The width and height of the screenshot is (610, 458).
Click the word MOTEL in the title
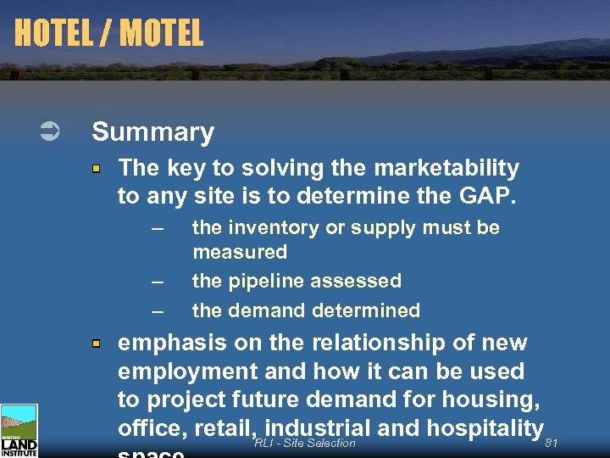(162, 33)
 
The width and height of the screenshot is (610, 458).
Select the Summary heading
(152, 131)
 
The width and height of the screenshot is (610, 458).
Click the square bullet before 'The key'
(97, 170)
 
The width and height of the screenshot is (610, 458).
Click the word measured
(240, 252)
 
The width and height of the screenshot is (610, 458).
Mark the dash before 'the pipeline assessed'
(156, 282)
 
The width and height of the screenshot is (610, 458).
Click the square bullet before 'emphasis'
(97, 343)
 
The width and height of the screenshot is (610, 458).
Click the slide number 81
(552, 443)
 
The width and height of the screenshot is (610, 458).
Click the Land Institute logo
(19, 431)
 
